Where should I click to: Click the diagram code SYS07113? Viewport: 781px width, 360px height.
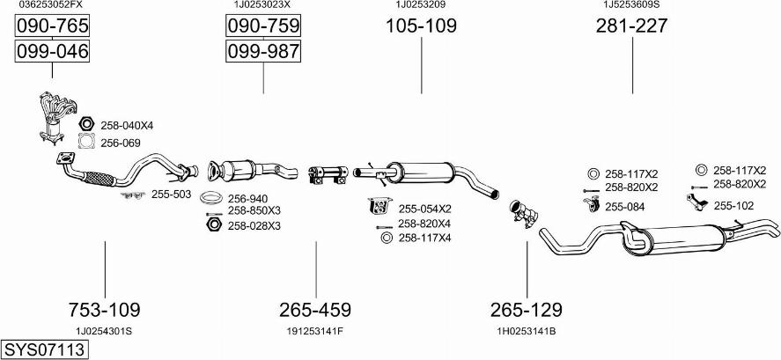43,349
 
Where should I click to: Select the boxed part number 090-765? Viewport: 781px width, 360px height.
52,26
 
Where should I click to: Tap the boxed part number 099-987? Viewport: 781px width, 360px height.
263,51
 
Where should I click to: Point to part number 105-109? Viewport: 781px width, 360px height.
422,26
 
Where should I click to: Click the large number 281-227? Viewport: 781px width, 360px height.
632,26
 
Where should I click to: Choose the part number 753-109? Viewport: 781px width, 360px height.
105,310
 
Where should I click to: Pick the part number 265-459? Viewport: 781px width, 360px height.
315,310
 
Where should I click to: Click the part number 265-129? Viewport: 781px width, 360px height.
527,310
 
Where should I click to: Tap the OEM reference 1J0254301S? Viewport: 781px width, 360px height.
104,331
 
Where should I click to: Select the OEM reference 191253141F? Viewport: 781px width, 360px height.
315,331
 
